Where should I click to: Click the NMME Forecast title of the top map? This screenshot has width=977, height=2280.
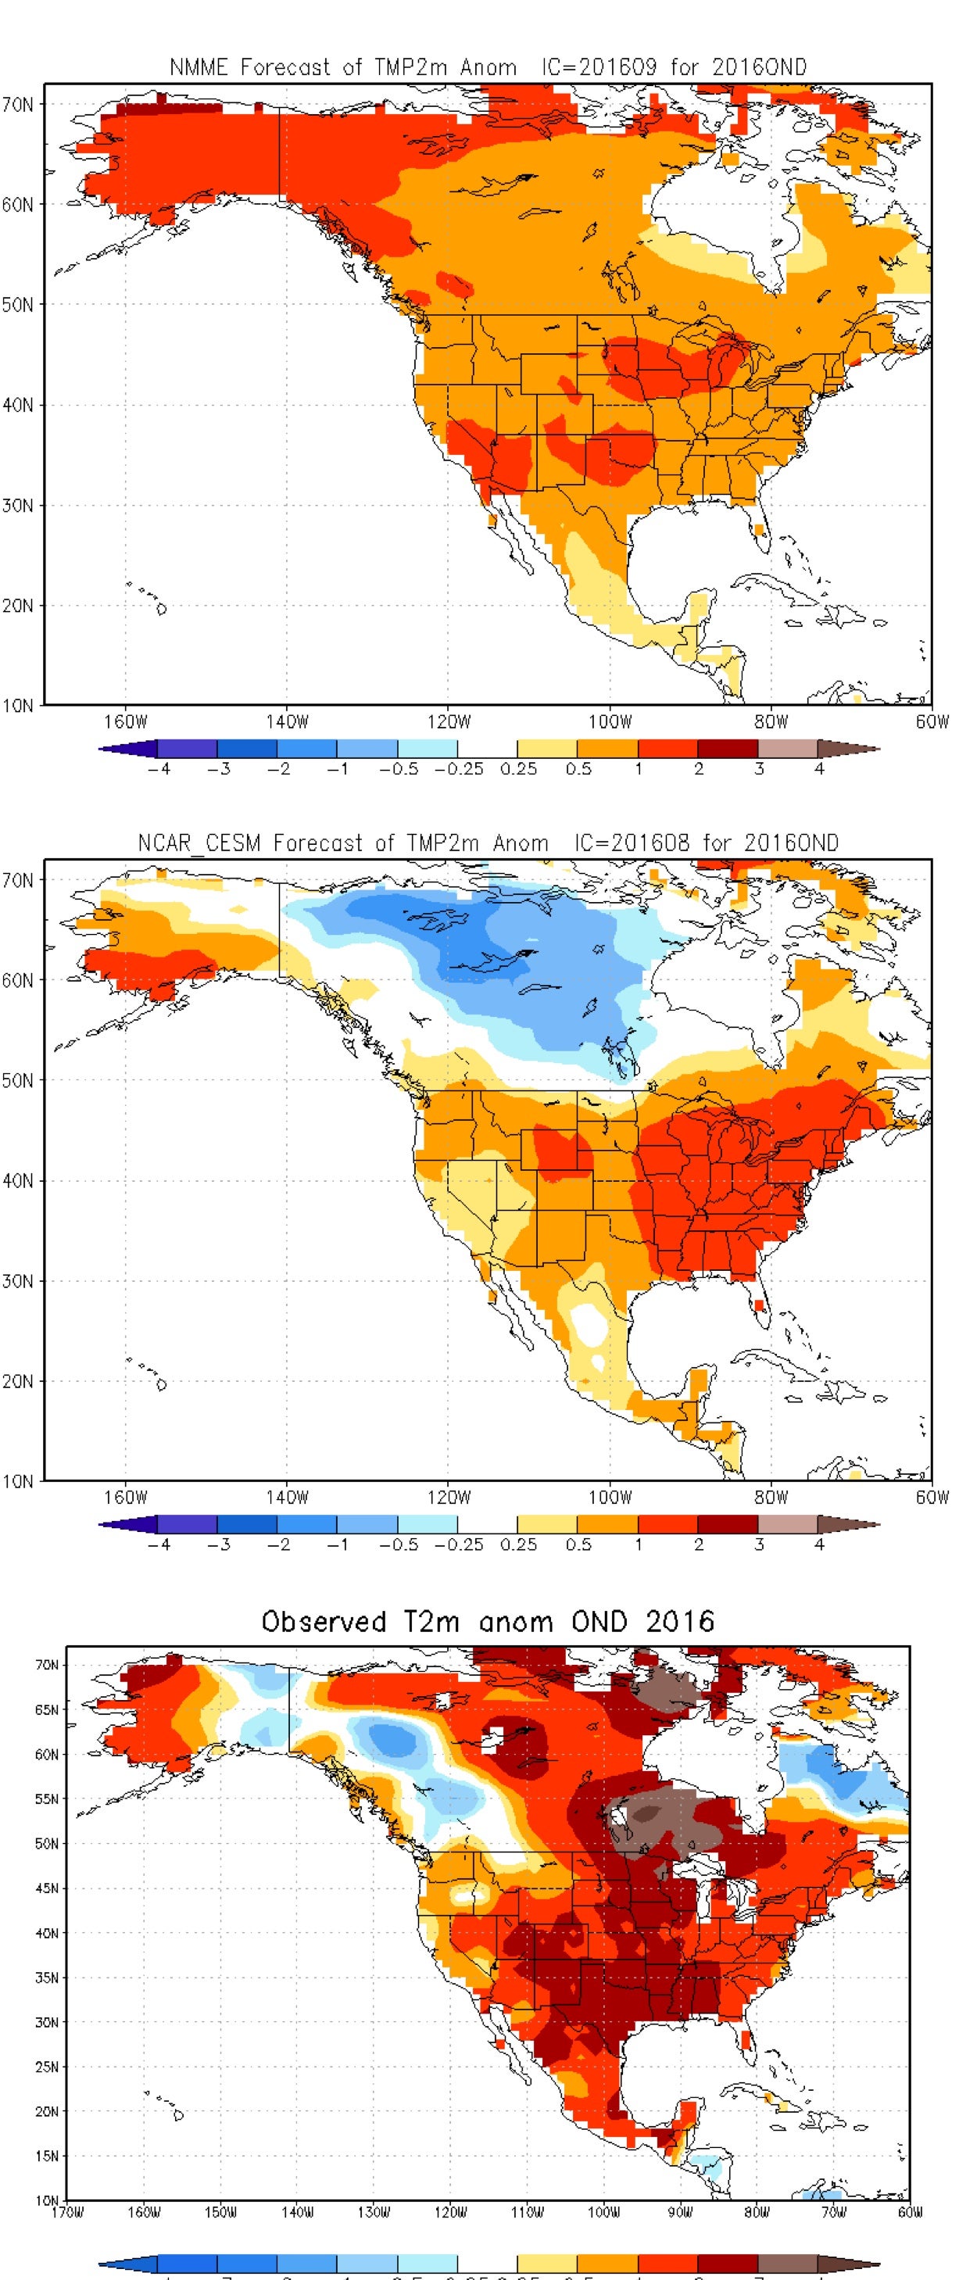tap(488, 67)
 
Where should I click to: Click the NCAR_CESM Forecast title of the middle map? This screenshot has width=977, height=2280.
tap(488, 843)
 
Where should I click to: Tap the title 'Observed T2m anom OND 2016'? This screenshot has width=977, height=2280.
tap(488, 1622)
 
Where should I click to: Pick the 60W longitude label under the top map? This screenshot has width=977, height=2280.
tap(932, 721)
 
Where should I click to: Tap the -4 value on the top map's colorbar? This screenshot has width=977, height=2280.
tap(159, 769)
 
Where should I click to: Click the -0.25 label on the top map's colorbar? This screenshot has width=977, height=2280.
tap(459, 769)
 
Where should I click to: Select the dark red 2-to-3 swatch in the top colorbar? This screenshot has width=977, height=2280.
tap(728, 749)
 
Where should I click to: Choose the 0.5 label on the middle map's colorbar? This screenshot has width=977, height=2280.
tap(578, 1544)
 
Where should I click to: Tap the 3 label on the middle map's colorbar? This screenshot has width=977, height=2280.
tap(758, 1544)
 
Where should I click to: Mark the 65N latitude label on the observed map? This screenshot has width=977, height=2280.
tap(47, 1710)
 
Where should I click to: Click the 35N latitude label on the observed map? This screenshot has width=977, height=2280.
tap(47, 1978)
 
